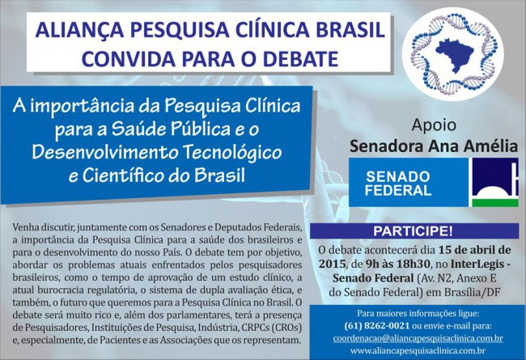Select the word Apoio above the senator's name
pyautogui.click(x=412, y=127)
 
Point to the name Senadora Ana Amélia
pyautogui.click(x=412, y=148)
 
